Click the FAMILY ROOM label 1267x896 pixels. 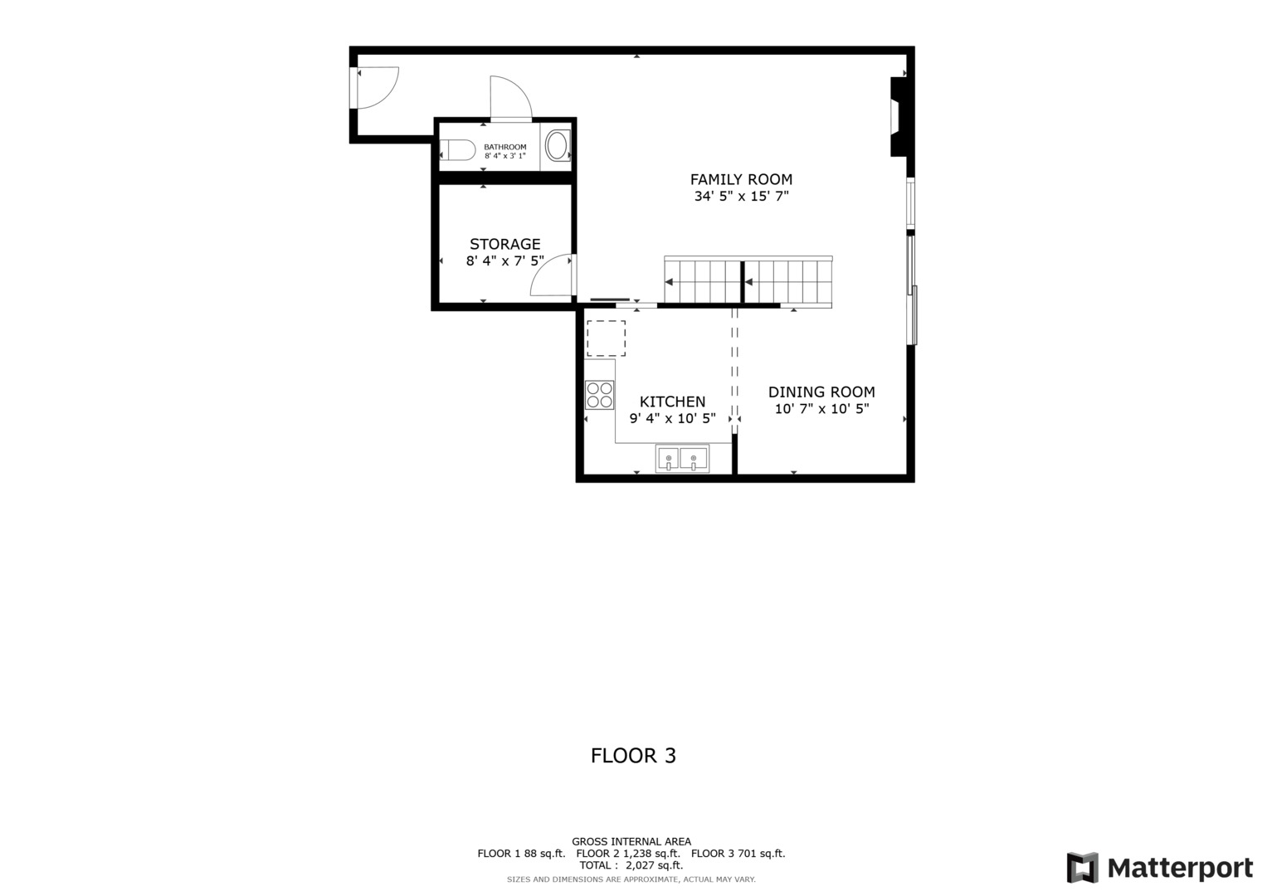coord(741,179)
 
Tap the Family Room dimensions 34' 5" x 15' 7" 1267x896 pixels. coord(741,197)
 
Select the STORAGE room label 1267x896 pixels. coord(504,244)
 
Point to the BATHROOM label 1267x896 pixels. coord(505,147)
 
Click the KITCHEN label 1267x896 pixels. coord(672,402)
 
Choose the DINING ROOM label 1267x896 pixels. coord(821,392)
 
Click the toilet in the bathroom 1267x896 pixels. coord(457,150)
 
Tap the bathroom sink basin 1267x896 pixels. coord(557,146)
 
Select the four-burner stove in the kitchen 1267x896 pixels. coord(599,395)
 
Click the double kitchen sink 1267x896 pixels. coord(682,458)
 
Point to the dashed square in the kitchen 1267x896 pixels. coord(606,338)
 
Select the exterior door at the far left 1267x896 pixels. coord(375,87)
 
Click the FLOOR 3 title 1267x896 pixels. coord(633,756)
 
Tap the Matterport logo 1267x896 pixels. coord(1159,869)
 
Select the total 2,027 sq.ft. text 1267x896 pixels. coord(631,865)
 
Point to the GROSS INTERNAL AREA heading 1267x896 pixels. coord(631,841)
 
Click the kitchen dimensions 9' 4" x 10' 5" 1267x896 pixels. coord(672,419)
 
